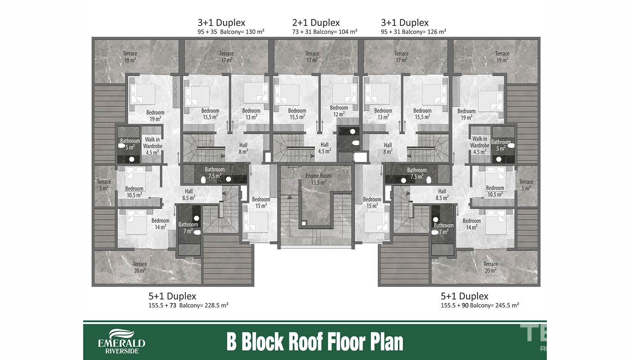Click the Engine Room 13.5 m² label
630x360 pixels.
pos(319,179)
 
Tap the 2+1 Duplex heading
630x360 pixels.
pos(316,22)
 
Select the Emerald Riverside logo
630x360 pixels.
pos(121,341)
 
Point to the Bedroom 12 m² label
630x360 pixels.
pos(339,111)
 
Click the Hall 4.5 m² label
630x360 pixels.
pos(324,148)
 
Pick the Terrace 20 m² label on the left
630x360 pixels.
pos(140,267)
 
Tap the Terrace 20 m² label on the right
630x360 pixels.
pos(490,267)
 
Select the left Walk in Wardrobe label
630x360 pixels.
pos(153,146)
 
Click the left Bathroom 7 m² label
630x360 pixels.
pos(188,228)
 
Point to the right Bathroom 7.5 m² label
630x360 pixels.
pos(417,173)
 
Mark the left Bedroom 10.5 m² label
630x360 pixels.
pos(134,192)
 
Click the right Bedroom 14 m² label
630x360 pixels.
pos(472,224)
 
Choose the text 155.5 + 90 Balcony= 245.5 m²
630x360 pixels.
pos(480,306)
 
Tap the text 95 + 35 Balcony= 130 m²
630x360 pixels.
pos(231,32)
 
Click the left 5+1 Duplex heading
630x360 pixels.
pos(172,296)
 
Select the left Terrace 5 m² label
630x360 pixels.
pos(104,185)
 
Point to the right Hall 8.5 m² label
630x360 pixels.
pos(442,194)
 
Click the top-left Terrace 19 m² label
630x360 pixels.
pos(130,57)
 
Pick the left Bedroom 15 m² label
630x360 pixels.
pos(261,202)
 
